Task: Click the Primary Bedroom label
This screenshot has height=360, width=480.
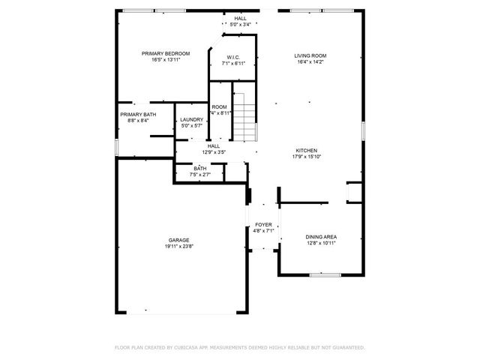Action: tap(166, 53)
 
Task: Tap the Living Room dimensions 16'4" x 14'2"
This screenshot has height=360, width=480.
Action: tap(310, 63)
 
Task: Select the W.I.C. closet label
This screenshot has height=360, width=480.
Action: tap(233, 56)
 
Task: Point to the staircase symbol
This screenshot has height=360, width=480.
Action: tap(245, 116)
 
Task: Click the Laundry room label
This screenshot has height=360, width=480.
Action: tap(191, 119)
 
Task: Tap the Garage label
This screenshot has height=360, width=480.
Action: tap(178, 240)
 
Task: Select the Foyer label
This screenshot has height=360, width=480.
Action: tap(263, 224)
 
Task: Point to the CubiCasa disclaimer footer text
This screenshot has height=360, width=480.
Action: tap(239, 347)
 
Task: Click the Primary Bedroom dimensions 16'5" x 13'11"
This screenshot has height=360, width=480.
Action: tap(166, 60)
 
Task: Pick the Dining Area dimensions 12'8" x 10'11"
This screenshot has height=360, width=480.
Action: tap(320, 243)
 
